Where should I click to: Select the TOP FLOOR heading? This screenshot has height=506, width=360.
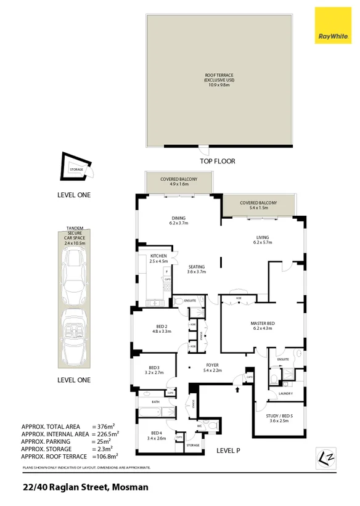click(x=218, y=161)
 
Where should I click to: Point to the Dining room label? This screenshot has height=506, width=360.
click(x=179, y=221)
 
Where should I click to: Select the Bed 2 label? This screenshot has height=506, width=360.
click(x=157, y=328)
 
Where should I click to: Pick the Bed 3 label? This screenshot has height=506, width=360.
click(x=153, y=370)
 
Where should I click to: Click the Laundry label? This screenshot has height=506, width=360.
click(x=285, y=393)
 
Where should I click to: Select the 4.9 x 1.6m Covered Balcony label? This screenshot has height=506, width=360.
click(x=179, y=181)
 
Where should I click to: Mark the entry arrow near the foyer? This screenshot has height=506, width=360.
click(x=237, y=388)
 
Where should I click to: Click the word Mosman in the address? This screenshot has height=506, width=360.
click(x=130, y=487)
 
